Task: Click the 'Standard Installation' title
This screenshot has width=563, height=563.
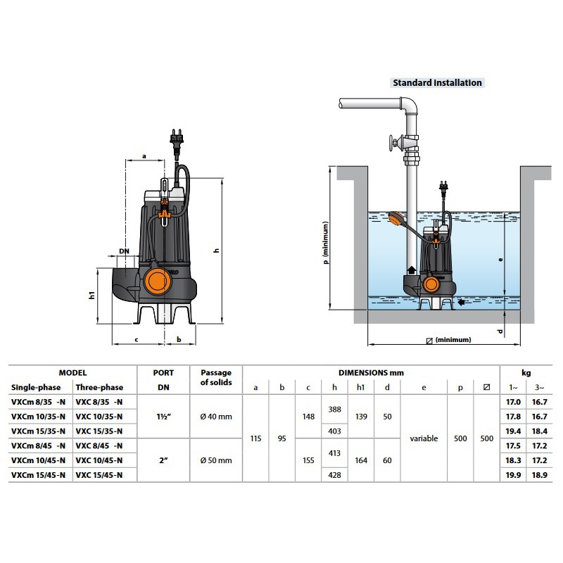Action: pos(437,82)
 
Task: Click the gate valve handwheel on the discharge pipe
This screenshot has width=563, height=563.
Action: pos(393,143)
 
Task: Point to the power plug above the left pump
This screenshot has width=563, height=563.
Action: pos(177,138)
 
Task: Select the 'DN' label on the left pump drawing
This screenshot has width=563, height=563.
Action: pos(125,251)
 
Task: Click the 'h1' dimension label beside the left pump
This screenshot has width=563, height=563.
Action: pos(92,295)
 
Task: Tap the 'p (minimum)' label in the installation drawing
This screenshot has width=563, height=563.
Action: pos(325,243)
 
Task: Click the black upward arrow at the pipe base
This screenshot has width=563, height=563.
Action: pos(412,270)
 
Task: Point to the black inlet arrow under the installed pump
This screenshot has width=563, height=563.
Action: pos(462,303)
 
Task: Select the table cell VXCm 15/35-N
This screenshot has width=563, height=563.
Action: pos(39,431)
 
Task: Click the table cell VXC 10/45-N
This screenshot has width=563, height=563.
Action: pos(99,460)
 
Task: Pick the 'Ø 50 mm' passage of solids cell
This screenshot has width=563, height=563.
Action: pos(216,460)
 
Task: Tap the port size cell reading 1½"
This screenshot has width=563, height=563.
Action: pos(163,417)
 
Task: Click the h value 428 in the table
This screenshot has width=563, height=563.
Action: pos(335,475)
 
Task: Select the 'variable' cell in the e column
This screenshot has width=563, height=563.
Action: pos(424,438)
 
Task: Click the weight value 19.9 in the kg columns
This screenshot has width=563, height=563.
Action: pos(513,475)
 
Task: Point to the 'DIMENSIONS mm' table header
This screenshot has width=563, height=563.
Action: pos(371,373)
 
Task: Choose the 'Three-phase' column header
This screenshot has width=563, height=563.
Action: pos(99,388)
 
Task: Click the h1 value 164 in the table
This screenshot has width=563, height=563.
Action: pos(361,460)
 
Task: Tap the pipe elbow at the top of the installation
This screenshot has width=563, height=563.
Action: pos(410,105)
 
